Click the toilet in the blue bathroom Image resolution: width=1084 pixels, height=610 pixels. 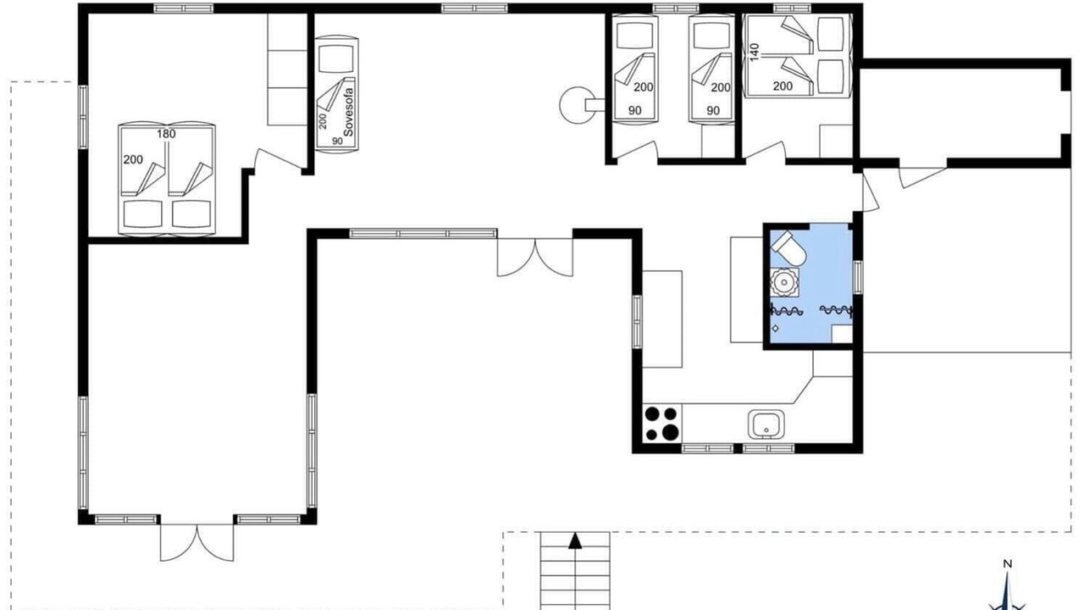(x=788, y=248)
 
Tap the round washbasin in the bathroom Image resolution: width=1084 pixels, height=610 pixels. (x=784, y=282)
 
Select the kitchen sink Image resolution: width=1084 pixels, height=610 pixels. (x=766, y=424)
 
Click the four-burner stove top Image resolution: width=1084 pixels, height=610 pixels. (x=662, y=423)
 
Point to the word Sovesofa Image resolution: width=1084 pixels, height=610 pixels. (x=348, y=112)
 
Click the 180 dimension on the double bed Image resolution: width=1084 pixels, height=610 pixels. (x=166, y=134)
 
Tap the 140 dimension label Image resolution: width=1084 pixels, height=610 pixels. (x=755, y=53)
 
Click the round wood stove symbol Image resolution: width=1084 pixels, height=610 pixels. (x=578, y=104)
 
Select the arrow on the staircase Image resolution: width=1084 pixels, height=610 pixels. (x=575, y=541)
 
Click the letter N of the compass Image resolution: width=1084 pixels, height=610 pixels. (x=1008, y=564)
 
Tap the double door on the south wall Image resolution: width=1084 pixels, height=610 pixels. (x=197, y=542)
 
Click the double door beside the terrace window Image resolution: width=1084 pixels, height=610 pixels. (x=535, y=258)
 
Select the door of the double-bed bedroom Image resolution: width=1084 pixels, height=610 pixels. (x=280, y=158)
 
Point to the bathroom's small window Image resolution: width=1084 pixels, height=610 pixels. (x=858, y=277)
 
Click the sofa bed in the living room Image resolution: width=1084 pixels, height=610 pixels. (x=337, y=95)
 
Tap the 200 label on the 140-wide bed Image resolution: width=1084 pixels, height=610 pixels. (x=783, y=86)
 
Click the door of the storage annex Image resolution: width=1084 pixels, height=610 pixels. (x=923, y=178)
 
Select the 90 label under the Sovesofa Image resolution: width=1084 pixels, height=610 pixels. (x=337, y=141)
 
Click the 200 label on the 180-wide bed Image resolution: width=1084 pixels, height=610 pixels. (x=133, y=159)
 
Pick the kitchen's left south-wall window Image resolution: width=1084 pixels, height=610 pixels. (x=707, y=449)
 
